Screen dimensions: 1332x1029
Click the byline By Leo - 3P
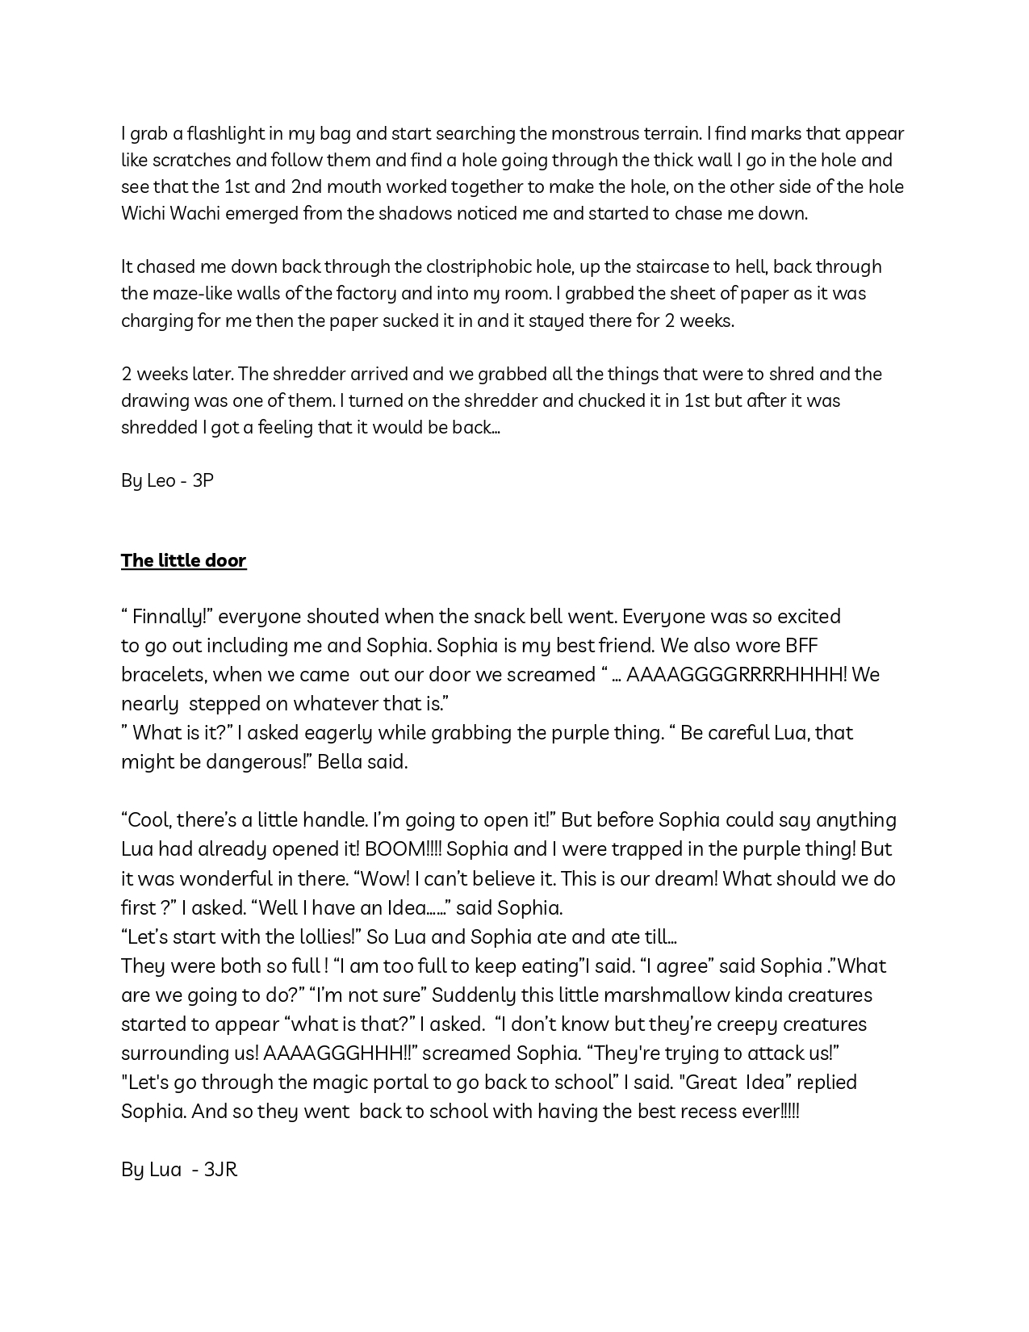[167, 480]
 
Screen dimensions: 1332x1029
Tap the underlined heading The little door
[183, 560]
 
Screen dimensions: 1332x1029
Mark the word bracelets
[163, 675]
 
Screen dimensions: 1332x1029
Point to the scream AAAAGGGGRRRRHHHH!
[736, 675]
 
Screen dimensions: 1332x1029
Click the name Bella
[338, 762]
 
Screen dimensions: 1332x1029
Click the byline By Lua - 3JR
[179, 1170]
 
